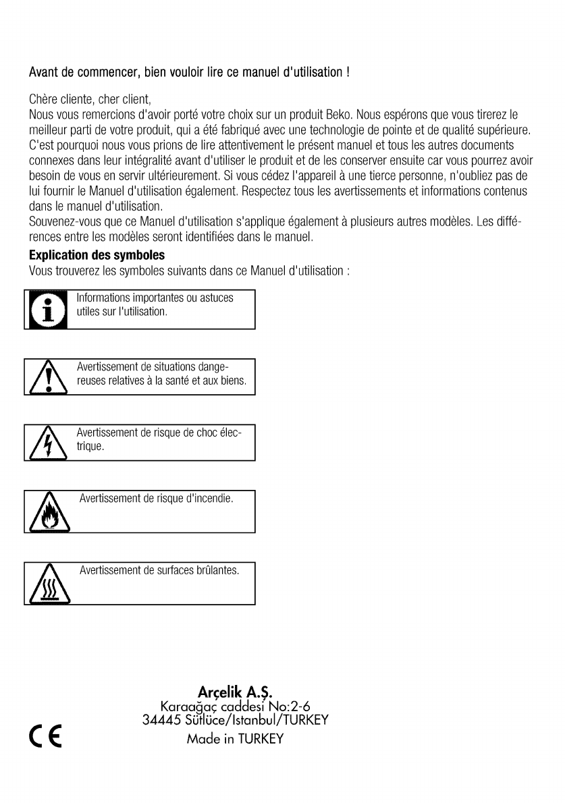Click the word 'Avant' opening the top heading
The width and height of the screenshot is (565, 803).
[x=42, y=72]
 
